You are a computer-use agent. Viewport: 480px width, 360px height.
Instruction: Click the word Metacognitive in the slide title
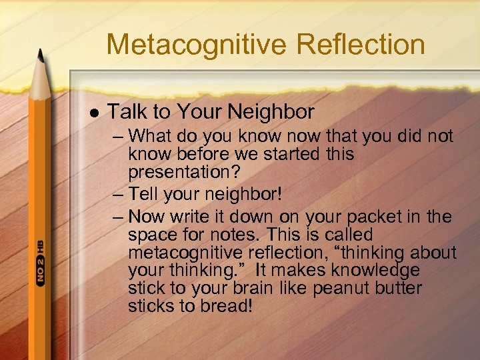pos(197,45)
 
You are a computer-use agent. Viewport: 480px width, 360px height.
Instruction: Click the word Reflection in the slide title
pos(361,45)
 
